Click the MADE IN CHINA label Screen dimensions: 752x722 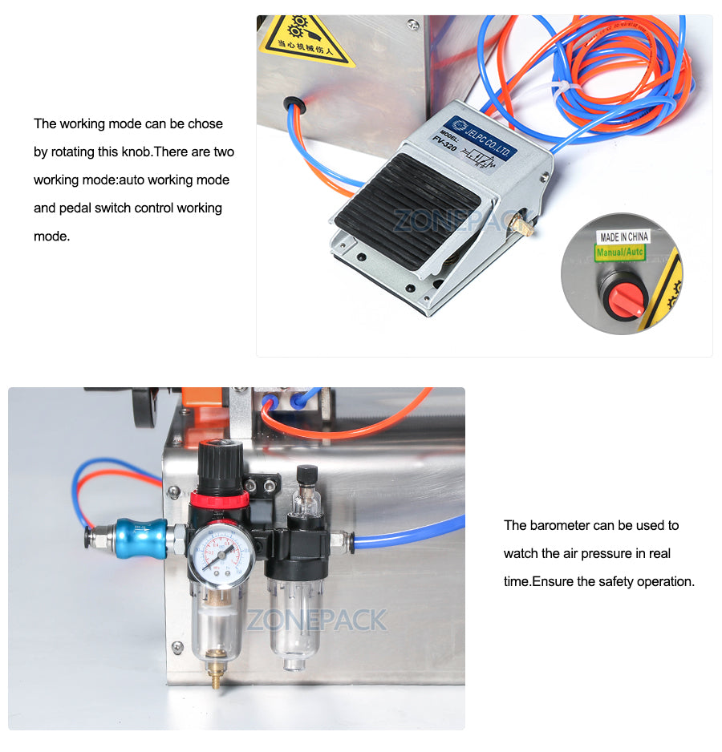pyautogui.click(x=623, y=237)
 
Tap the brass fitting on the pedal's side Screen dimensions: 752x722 pyautogui.click(x=527, y=224)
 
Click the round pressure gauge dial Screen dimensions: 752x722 pyautogui.click(x=221, y=556)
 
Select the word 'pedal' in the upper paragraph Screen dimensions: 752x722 pyautogui.click(x=74, y=208)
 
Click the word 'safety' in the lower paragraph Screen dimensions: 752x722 pyautogui.click(x=618, y=581)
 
